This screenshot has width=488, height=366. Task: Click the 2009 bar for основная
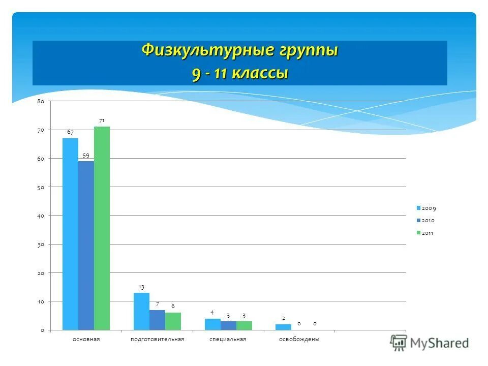[70, 234]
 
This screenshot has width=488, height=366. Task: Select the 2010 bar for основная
[86, 246]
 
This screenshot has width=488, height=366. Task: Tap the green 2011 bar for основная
[102, 228]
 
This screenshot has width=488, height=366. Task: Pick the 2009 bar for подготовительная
[141, 311]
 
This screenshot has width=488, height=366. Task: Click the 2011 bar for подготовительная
[173, 321]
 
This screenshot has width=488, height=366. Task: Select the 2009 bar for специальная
[212, 324]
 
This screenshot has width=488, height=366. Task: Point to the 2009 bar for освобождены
[283, 327]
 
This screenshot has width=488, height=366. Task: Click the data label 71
[102, 120]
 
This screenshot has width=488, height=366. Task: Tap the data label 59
[86, 155]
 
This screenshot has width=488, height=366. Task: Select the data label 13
[141, 287]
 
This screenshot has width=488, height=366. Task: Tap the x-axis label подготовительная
[157, 339]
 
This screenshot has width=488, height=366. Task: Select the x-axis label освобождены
[299, 339]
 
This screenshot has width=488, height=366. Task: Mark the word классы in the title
[260, 73]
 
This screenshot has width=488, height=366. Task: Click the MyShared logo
[430, 343]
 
